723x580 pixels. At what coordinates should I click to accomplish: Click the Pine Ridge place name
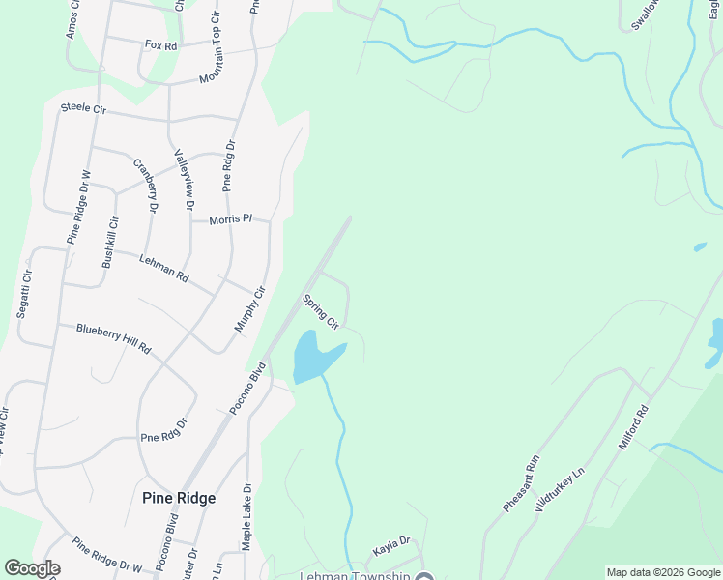click(179, 499)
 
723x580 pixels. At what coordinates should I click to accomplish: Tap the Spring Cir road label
click(320, 310)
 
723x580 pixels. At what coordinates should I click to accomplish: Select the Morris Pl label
click(231, 219)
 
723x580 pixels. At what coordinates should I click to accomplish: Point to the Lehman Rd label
click(164, 268)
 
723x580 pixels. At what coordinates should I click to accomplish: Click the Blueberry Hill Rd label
click(114, 338)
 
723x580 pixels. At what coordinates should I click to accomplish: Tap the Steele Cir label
click(83, 108)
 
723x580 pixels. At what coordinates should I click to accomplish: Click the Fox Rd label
click(161, 45)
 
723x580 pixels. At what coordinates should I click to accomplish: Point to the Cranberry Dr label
click(145, 185)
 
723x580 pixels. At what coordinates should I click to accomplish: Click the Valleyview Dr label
click(184, 180)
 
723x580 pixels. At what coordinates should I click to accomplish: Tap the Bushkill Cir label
click(110, 242)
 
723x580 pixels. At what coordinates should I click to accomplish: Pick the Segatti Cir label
click(23, 295)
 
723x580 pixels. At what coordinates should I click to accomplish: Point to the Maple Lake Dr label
click(246, 518)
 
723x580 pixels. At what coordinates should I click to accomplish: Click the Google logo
click(33, 568)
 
